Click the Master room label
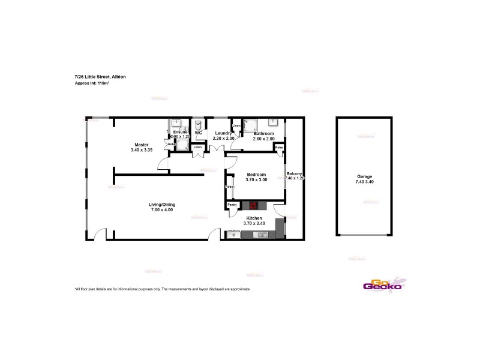point(142,145)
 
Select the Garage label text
point(365,176)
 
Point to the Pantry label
point(232,205)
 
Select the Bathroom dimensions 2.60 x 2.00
point(264,139)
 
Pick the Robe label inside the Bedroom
point(229,187)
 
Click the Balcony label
point(295,173)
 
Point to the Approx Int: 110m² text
point(92,83)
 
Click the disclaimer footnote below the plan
point(162,289)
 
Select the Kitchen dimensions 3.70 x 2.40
point(254,223)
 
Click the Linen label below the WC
point(197,147)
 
